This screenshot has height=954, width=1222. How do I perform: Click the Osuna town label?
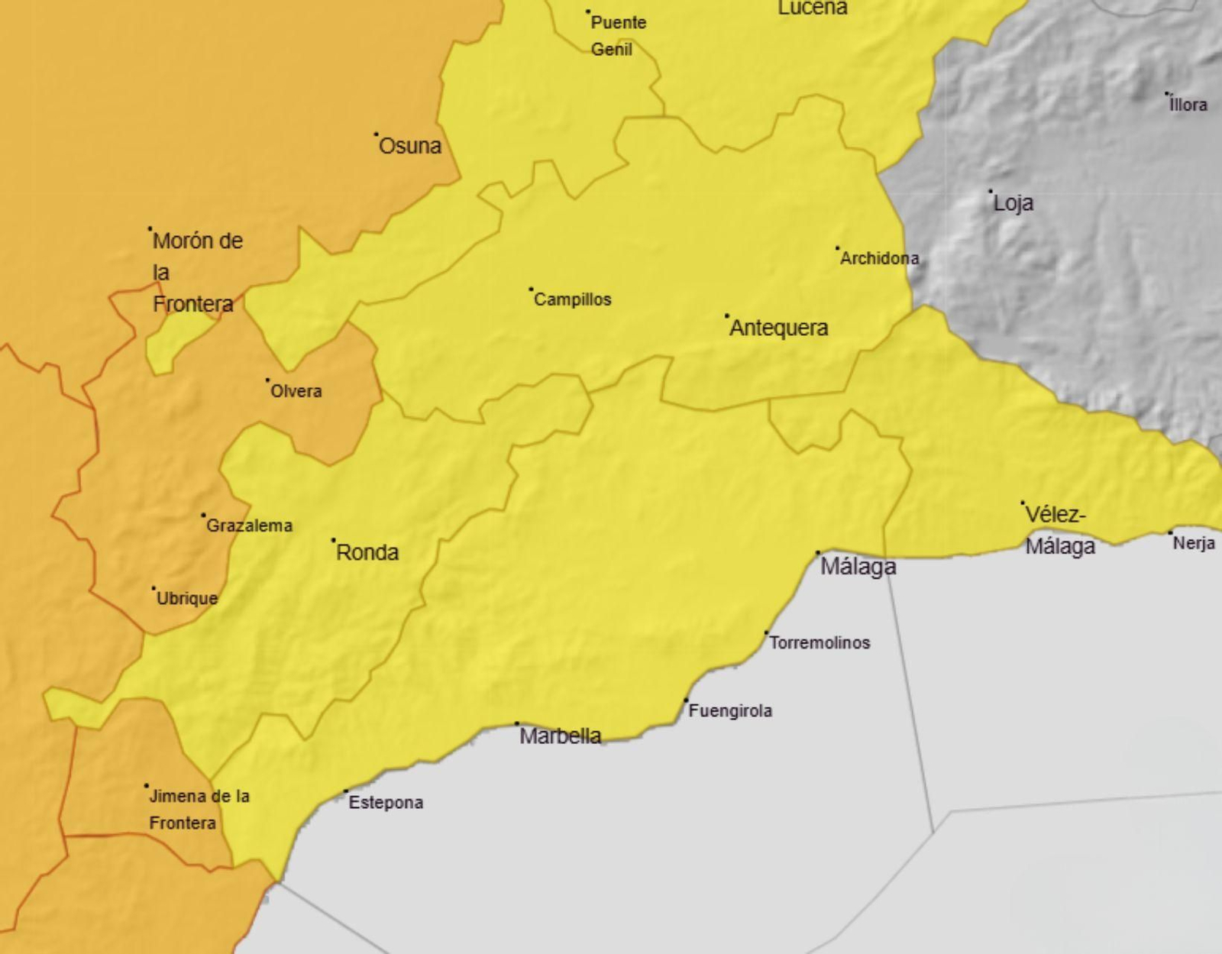click(x=410, y=146)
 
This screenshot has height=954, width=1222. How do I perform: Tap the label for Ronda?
click(x=367, y=552)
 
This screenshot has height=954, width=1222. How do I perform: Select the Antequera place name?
click(x=778, y=328)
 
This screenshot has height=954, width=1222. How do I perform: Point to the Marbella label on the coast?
click(x=560, y=736)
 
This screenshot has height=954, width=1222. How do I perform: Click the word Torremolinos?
click(x=819, y=642)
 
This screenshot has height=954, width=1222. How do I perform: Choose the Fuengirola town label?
click(x=730, y=711)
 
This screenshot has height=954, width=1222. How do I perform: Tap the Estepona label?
click(x=386, y=803)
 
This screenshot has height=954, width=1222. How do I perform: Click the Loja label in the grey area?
click(x=1013, y=203)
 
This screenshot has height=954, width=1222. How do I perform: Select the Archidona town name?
click(x=879, y=259)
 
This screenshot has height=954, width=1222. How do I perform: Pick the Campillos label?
click(x=572, y=299)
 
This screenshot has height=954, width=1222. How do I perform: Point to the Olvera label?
click(x=296, y=391)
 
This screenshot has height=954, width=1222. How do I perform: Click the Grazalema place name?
click(x=249, y=526)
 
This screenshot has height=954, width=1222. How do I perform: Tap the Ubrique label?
click(x=187, y=598)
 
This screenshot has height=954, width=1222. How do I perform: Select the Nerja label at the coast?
click(x=1194, y=543)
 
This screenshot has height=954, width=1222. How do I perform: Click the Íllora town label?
click(x=1188, y=105)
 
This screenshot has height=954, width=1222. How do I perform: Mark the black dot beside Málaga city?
click(x=818, y=552)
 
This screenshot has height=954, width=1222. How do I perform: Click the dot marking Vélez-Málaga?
click(x=1023, y=503)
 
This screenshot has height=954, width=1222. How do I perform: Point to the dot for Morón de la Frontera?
click(x=150, y=228)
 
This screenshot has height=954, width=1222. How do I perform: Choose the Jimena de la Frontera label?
click(x=199, y=809)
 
